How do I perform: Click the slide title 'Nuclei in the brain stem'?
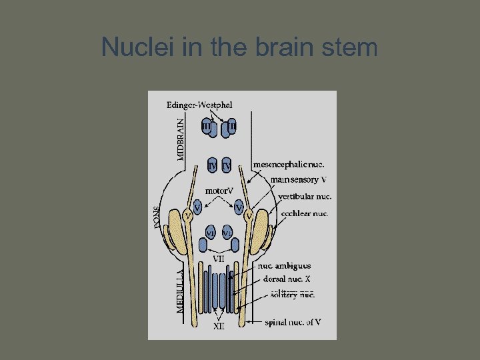(x=239, y=47)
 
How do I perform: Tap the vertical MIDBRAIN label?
(x=180, y=139)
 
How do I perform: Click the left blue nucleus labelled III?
(x=207, y=126)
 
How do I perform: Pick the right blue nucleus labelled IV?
(x=227, y=165)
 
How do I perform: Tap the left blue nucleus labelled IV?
(x=213, y=165)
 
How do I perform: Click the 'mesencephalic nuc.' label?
(x=289, y=164)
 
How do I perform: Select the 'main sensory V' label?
(x=299, y=179)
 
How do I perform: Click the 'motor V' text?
(x=219, y=191)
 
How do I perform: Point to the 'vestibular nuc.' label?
(x=305, y=197)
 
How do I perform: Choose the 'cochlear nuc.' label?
(x=303, y=214)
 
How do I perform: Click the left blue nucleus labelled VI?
(x=211, y=233)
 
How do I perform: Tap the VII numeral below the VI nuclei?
(x=219, y=258)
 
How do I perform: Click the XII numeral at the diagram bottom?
(x=219, y=326)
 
